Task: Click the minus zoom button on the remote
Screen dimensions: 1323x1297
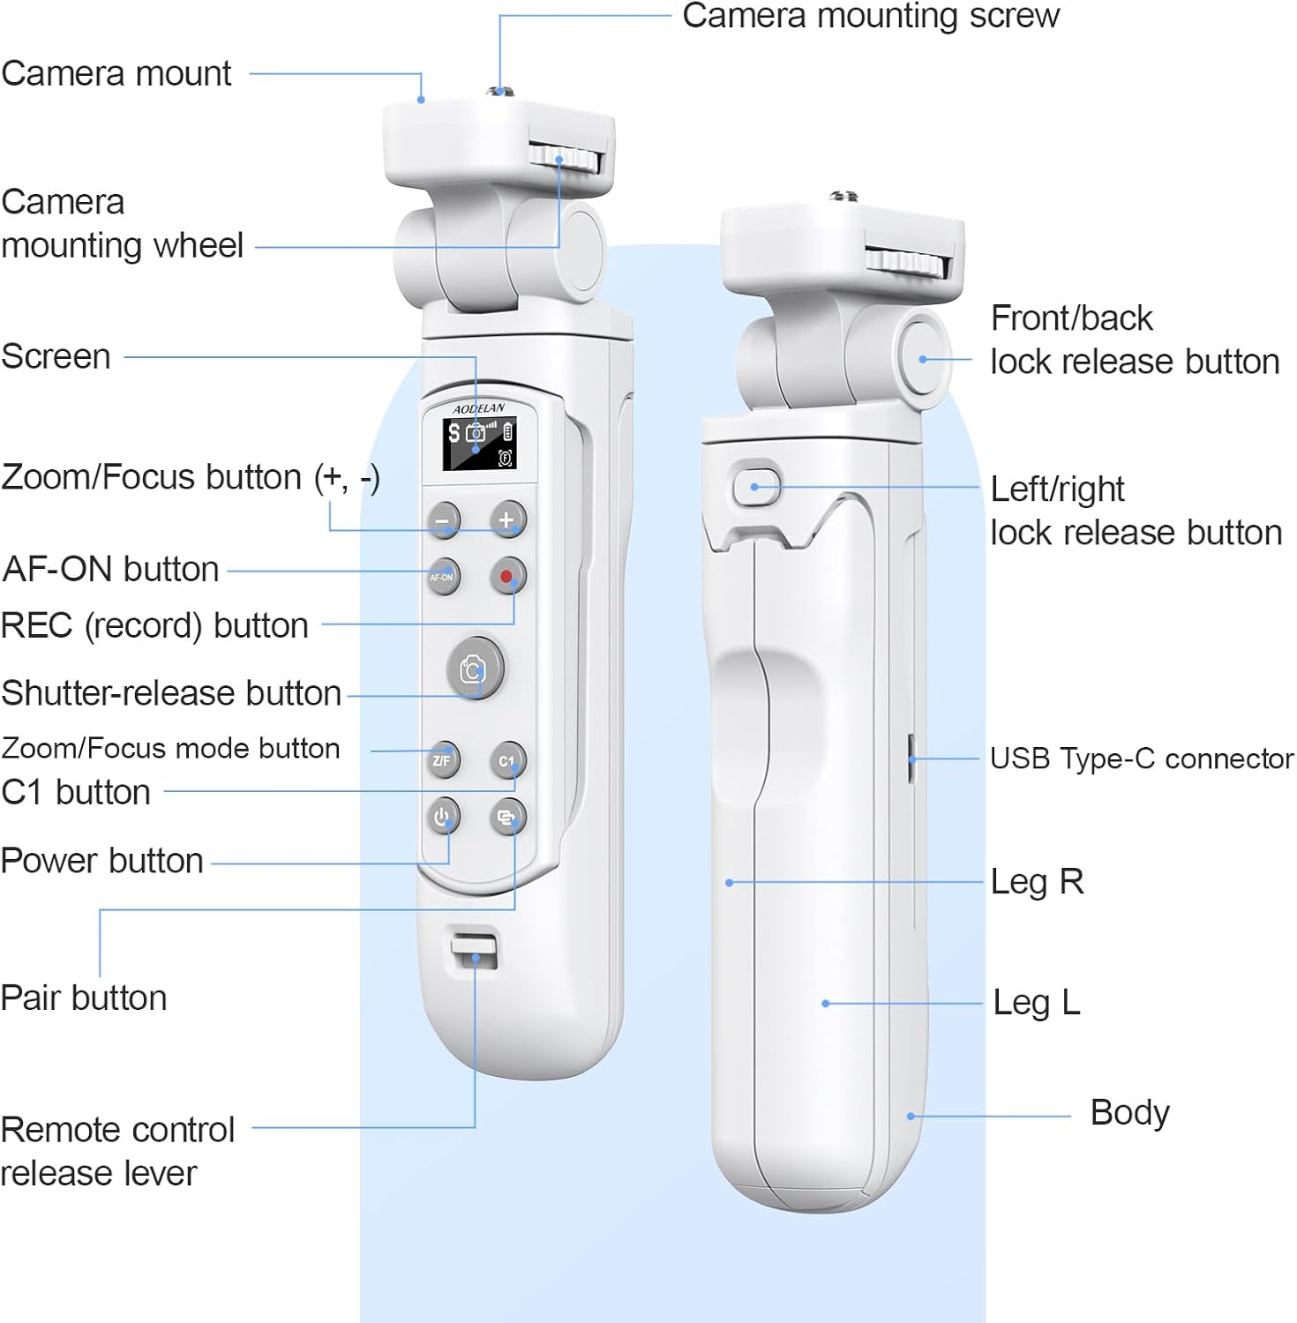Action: tap(443, 520)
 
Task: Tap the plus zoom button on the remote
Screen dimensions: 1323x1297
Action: tap(507, 519)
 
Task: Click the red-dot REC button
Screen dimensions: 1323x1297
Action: tap(507, 577)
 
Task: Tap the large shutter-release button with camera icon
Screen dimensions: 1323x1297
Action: tap(475, 669)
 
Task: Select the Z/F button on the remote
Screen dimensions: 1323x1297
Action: tap(442, 759)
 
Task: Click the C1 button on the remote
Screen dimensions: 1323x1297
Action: tap(507, 760)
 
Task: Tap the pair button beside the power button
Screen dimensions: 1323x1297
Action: tap(507, 818)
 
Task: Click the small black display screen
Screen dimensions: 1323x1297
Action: tap(479, 445)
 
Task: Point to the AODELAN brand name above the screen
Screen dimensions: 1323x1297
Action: tap(479, 408)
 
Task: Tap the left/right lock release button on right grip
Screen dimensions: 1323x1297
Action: tap(756, 487)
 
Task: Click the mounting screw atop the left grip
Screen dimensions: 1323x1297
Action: tap(500, 90)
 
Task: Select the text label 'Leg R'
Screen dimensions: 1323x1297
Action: tap(1037, 881)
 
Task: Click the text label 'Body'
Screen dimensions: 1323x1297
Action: tap(1129, 1113)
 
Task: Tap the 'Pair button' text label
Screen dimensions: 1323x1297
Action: tap(84, 998)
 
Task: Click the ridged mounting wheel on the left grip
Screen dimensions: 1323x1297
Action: tap(565, 159)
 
